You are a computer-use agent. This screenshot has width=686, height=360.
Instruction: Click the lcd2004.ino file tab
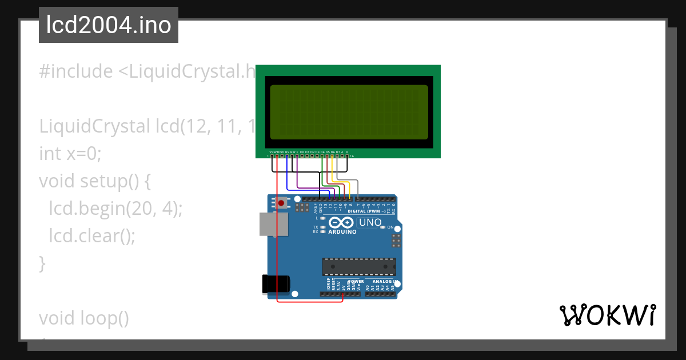pos(109,25)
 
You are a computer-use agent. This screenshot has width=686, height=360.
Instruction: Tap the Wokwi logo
pos(607,315)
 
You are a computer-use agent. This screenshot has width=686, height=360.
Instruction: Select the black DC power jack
pos(276,284)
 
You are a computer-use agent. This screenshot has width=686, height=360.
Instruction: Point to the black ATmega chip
pos(358,267)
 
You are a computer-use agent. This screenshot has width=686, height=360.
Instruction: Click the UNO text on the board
pos(370,222)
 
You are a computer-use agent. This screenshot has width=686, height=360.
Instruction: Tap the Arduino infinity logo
pos(341,222)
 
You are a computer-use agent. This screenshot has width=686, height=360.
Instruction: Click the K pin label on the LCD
pos(347,152)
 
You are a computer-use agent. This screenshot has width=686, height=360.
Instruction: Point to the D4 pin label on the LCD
pos(322,152)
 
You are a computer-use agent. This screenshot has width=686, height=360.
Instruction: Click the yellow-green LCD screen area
pos(349,112)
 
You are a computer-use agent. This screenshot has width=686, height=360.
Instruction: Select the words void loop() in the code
pos(85,318)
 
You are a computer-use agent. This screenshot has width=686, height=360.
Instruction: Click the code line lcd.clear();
pos(92,236)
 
